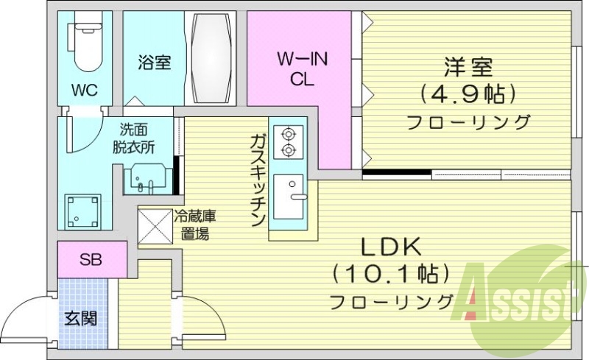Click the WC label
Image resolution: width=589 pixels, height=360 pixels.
[84, 90]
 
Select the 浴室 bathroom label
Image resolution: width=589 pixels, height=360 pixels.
[154, 63]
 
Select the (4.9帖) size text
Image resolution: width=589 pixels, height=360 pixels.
[467, 94]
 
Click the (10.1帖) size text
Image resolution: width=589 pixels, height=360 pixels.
[389, 274]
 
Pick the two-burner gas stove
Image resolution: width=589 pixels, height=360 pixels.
[287, 142]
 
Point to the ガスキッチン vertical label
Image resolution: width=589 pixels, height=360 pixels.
[258, 180]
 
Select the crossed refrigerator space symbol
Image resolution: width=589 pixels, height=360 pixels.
[155, 227]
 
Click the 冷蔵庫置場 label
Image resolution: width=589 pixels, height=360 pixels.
[194, 226]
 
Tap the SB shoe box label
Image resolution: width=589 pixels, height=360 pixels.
[91, 260]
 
